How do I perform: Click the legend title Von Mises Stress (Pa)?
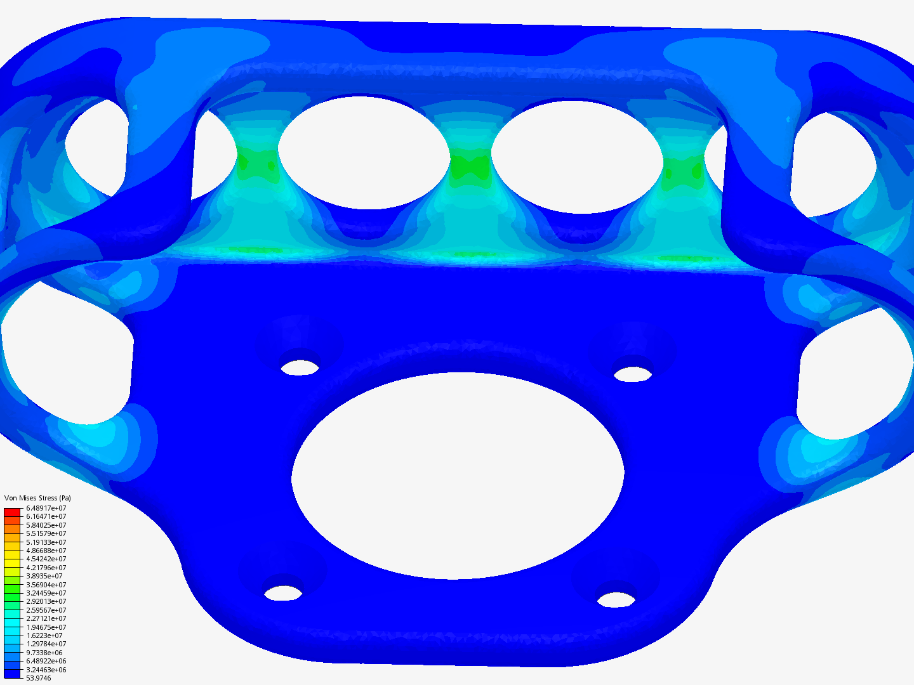(37, 498)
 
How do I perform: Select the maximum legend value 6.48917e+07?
(46, 508)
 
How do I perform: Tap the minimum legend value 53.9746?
(39, 679)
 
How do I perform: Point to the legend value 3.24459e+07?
(46, 593)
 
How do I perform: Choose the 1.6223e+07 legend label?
(44, 636)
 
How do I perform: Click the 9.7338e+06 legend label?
(44, 653)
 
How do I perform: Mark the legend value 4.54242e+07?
(46, 559)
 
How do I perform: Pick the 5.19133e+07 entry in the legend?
(46, 542)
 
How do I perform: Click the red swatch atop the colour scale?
(12, 512)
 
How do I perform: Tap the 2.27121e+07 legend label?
(46, 618)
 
